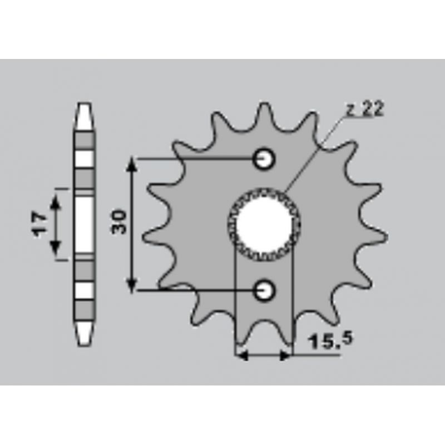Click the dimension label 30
(x=119, y=221)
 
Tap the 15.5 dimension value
(x=331, y=340)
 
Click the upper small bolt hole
(x=264, y=159)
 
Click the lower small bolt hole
(x=264, y=290)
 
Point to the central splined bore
(x=264, y=225)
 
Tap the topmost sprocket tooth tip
(x=264, y=104)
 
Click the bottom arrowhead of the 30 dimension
(x=131, y=285)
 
